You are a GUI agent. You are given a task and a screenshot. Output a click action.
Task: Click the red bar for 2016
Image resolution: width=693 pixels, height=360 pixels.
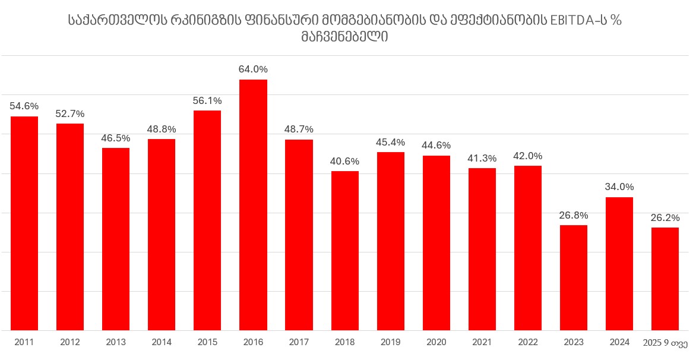[253, 205]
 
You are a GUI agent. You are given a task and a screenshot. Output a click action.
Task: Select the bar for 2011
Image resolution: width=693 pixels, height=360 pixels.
[24, 223]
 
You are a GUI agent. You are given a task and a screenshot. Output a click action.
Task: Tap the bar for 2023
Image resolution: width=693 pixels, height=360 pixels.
[573, 277]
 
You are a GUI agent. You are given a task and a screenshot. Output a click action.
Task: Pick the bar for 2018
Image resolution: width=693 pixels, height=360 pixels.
[344, 251]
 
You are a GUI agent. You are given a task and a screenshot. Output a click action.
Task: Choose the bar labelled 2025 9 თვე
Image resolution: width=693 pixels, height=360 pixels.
[664, 279]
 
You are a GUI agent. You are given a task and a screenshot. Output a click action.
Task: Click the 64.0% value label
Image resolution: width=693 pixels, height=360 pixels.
[253, 69]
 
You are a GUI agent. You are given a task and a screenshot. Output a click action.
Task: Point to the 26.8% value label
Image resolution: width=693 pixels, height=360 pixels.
[573, 215]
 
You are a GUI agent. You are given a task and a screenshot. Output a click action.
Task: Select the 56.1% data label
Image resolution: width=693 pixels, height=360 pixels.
[207, 100]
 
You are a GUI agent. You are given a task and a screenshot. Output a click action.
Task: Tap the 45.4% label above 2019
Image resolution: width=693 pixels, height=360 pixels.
[390, 142]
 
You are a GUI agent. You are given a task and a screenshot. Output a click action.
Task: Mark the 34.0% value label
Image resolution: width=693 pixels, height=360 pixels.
[619, 187]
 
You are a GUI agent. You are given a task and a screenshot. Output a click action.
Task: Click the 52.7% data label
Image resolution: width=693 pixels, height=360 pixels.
[70, 113]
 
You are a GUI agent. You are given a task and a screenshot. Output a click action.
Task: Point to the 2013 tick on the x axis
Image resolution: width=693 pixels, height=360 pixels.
[116, 342]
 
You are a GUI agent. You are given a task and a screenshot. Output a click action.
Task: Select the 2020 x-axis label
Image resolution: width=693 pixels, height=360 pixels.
[436, 342]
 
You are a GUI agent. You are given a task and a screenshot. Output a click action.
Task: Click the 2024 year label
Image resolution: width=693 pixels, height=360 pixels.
[619, 342]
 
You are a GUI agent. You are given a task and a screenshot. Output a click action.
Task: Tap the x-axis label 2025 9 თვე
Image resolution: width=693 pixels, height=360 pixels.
[665, 342]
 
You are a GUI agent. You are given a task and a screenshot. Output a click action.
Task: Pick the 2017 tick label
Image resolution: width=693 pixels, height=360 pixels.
[299, 342]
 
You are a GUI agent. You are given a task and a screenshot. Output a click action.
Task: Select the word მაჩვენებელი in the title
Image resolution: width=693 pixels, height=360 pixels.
[345, 37]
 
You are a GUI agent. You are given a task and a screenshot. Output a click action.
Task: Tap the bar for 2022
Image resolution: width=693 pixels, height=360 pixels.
[527, 248]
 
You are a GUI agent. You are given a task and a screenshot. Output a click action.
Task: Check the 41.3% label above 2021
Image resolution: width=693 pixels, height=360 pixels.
[482, 158]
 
